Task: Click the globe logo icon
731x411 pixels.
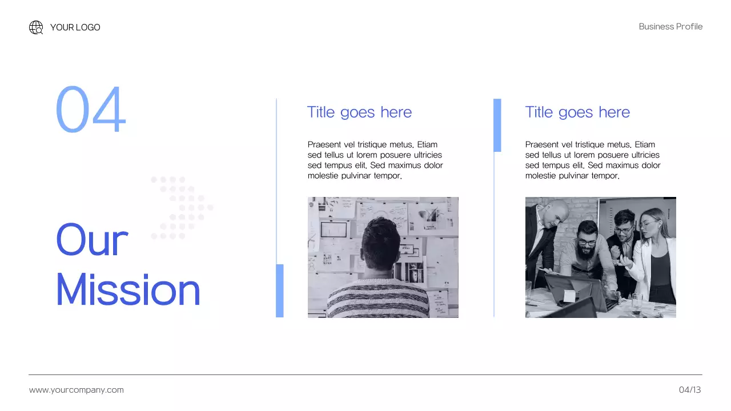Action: pos(36,27)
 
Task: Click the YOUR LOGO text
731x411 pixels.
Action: pos(75,27)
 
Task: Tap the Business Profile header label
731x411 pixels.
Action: pos(670,27)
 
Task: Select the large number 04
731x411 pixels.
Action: pos(90,110)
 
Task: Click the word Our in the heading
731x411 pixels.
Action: pos(91,240)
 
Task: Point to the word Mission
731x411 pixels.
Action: pos(128,290)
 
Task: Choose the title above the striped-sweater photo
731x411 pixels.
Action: pos(359,112)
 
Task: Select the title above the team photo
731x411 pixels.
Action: pos(577,112)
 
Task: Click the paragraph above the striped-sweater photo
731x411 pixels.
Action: pos(375,160)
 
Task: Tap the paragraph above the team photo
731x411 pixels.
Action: pos(593,160)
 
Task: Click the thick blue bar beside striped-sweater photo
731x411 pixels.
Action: pos(280,291)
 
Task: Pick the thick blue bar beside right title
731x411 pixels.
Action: pos(497,125)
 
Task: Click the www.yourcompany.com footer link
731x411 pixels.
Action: pos(77,390)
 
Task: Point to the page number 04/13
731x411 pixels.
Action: pos(690,390)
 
